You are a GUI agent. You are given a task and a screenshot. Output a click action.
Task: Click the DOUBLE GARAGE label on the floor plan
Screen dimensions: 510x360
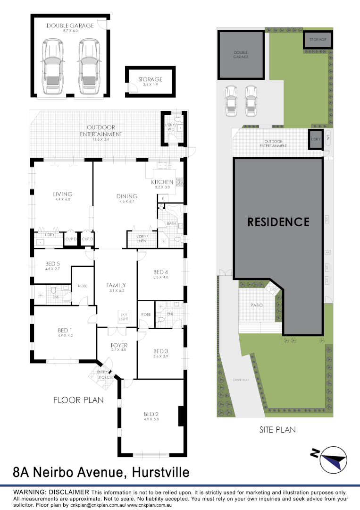tap(70, 25)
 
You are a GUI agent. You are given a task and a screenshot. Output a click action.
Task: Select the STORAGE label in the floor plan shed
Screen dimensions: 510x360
tap(150, 79)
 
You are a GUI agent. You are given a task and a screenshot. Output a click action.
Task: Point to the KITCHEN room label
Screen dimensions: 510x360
tap(162, 182)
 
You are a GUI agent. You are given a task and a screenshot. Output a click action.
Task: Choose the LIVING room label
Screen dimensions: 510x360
tap(62, 194)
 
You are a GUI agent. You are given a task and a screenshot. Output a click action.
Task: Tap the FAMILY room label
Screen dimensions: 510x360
tap(116, 285)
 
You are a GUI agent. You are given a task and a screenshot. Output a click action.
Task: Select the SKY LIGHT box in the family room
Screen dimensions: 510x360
tap(123, 316)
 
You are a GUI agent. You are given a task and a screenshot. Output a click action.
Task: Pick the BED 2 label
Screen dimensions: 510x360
tap(151, 415)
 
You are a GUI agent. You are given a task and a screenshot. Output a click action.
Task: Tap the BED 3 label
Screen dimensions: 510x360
tap(160, 351)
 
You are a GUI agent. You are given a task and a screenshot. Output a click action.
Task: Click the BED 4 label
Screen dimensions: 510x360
tap(160, 272)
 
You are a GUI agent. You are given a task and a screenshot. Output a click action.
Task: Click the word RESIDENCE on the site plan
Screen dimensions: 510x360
tap(278, 221)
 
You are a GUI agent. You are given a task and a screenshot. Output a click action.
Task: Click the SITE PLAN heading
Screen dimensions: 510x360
tap(277, 430)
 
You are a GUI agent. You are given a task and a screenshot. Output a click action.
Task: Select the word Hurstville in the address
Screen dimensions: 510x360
tap(161, 472)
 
